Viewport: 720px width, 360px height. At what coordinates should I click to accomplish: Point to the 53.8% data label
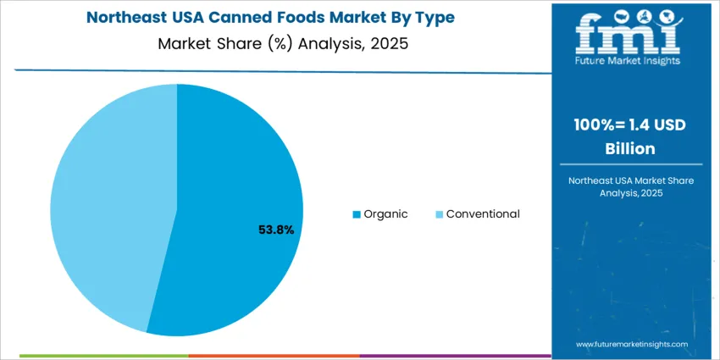click(x=275, y=230)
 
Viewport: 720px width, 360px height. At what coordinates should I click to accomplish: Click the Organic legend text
click(x=385, y=214)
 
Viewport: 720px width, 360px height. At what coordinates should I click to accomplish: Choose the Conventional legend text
click(x=483, y=214)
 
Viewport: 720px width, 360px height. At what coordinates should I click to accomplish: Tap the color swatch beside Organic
click(x=357, y=214)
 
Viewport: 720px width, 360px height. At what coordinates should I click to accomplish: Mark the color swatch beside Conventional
click(x=439, y=214)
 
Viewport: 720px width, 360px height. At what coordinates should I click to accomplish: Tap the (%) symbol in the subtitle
click(x=274, y=43)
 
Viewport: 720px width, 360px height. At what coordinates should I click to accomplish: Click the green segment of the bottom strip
click(x=102, y=356)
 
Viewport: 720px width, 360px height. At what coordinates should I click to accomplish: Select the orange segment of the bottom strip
click(x=274, y=356)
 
